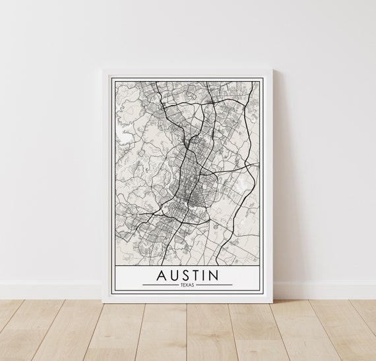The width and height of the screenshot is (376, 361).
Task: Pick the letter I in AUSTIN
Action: (212, 273)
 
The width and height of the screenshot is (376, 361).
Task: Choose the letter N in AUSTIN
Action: (225, 273)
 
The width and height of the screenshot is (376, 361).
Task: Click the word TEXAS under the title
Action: (188, 285)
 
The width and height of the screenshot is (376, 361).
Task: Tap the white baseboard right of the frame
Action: (323, 289)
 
